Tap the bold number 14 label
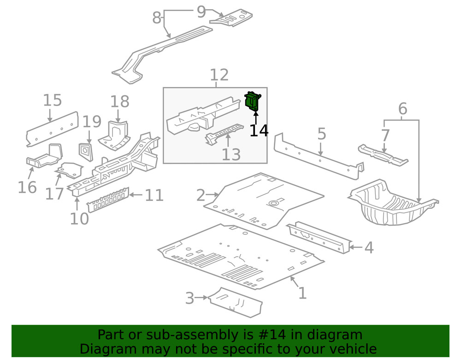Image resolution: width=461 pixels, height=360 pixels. click(x=259, y=130)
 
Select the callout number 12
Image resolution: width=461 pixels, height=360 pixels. click(x=219, y=75)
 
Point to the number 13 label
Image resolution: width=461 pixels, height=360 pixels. click(x=231, y=155)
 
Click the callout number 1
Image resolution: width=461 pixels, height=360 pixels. click(x=302, y=293)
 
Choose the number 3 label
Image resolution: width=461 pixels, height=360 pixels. click(x=189, y=298)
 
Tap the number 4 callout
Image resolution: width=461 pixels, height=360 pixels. click(x=368, y=248)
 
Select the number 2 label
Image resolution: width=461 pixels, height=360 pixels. click(x=200, y=195)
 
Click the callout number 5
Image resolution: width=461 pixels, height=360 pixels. click(x=321, y=134)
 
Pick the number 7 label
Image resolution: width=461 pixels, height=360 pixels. click(x=385, y=136)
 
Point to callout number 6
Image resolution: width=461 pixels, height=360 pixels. click(x=402, y=109)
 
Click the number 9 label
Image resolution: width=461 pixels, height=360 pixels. click(x=201, y=12)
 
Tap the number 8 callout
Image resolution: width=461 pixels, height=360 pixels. click(x=157, y=18)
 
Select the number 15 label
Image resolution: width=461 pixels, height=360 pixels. click(x=52, y=100)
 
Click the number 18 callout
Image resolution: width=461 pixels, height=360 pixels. click(x=119, y=102)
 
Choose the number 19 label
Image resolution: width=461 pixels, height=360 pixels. click(x=92, y=122)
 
